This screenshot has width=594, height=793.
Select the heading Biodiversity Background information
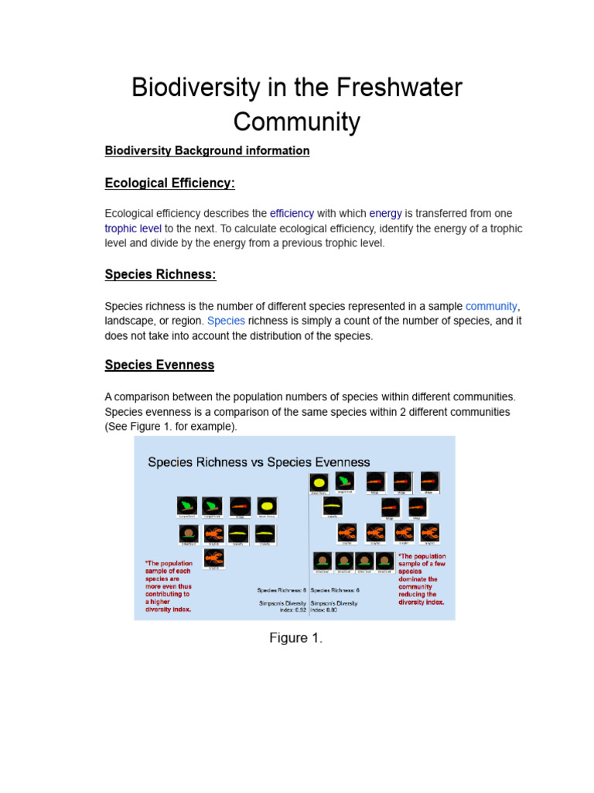(207, 150)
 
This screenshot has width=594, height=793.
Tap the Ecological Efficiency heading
(169, 183)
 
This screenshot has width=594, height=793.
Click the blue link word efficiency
(292, 213)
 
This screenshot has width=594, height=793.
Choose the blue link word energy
(385, 213)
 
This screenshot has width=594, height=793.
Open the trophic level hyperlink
(133, 228)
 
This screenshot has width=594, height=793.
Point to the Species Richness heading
(160, 273)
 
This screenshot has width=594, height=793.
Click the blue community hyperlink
(490, 306)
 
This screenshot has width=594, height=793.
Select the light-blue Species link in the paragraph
(226, 321)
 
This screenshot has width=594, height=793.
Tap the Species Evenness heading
(159, 364)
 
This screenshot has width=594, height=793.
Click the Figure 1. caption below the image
(295, 638)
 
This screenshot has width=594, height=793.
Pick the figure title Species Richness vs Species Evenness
(259, 462)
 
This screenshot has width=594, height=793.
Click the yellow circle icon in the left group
(266, 505)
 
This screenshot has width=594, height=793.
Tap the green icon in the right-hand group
(344, 481)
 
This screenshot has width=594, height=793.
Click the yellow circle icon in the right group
(318, 482)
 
